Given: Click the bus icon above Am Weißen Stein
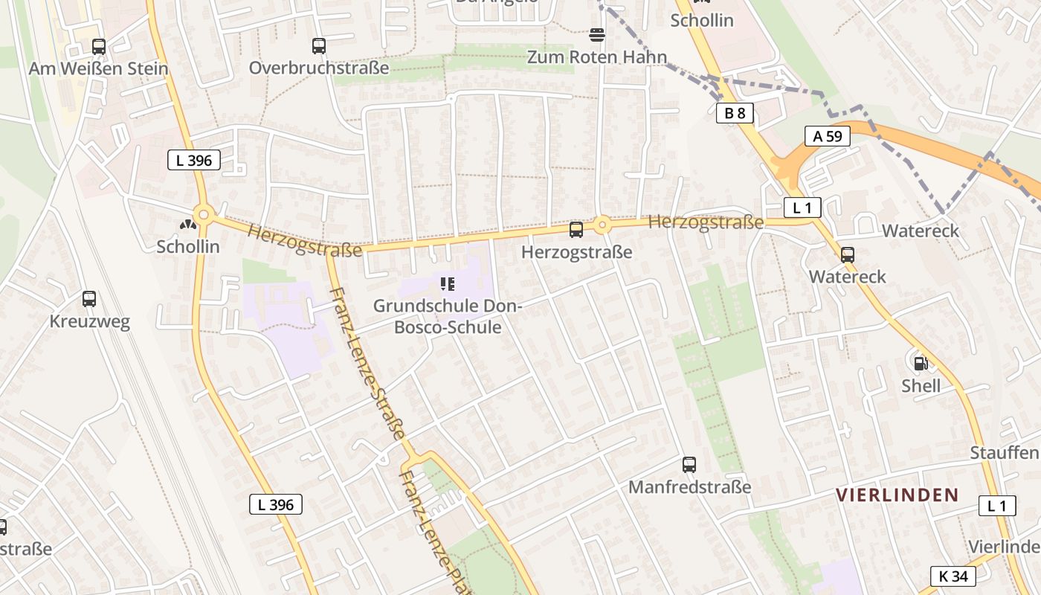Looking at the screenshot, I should pos(98,47).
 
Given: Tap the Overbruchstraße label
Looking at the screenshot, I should pos(319,68).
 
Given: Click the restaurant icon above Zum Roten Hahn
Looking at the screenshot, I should pos(596,35).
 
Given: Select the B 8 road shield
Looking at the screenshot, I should pos(735,113).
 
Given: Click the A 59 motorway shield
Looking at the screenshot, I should pos(827,136).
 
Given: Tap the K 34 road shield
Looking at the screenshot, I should pos(953,576).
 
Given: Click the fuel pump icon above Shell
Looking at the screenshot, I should pos(921,364).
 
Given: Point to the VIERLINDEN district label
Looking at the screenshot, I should pos(897,495).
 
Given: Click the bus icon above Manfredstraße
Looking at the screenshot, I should pos(689,465).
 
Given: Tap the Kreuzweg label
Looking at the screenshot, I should pos(89,322).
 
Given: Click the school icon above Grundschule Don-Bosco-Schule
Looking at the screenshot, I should pos(447,283).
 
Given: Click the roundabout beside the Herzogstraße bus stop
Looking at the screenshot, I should pos(602,224).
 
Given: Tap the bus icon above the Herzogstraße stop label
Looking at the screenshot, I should pos(576,230).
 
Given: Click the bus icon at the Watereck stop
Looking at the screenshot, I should pos(847,255).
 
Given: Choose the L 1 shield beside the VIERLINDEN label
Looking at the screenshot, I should pos(996,506).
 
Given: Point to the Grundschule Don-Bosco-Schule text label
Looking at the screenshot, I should pos(447,316).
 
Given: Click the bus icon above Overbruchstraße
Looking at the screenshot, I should pos(319,46).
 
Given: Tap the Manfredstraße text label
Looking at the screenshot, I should pos(689,487).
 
